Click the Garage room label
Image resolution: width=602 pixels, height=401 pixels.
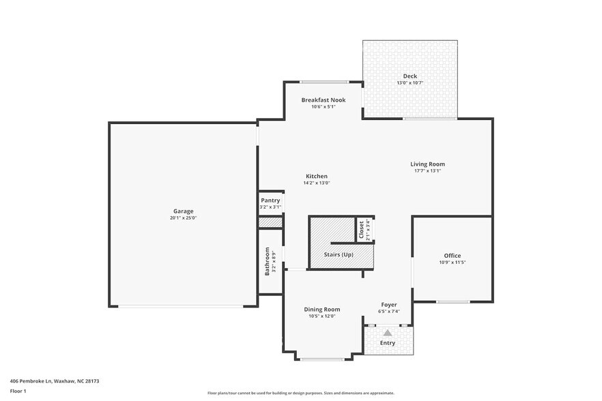coord(183,211)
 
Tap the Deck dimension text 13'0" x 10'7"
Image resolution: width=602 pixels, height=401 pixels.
coord(410,83)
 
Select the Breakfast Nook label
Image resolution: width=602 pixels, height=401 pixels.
coord(324,100)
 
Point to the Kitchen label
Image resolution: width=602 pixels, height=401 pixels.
coord(316,176)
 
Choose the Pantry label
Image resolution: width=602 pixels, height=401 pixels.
coord(270,200)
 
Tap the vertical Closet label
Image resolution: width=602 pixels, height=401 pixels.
coord(362,229)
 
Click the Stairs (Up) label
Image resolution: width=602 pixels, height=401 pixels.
coord(339,254)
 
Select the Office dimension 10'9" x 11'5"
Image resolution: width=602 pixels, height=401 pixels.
coord(453,263)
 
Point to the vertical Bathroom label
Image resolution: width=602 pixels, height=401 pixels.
coord(267,261)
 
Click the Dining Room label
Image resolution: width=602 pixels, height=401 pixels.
coord(321,309)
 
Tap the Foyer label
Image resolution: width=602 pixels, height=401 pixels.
coord(388,305)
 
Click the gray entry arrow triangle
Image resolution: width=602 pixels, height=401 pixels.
coord(388,332)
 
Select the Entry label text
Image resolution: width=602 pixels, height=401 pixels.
coord(387,343)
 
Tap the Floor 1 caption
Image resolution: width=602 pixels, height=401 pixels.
coord(18,391)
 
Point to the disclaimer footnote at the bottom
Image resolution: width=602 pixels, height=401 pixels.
coord(300,393)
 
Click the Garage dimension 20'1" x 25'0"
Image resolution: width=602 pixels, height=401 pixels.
coord(183,218)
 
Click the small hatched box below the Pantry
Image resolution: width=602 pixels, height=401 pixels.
coord(270,222)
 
